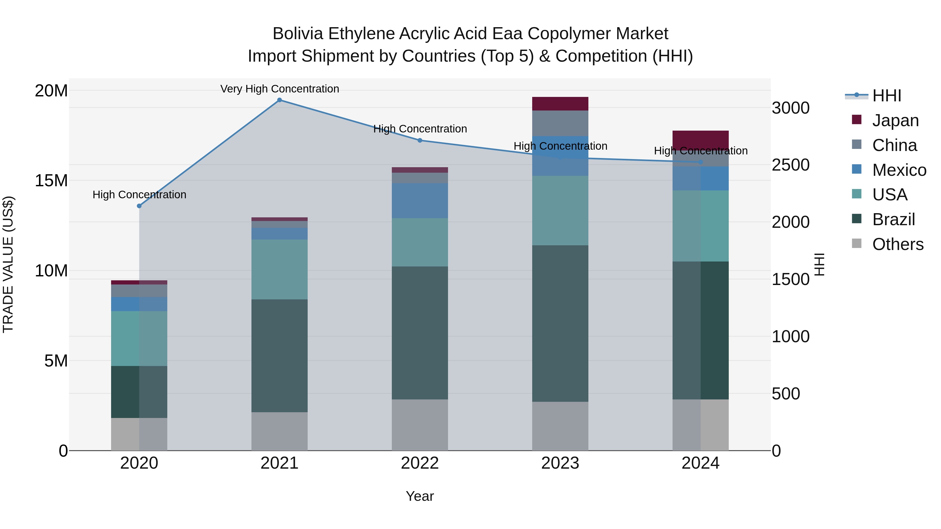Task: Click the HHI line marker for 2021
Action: pyautogui.click(x=279, y=100)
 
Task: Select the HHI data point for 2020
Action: pyautogui.click(x=139, y=206)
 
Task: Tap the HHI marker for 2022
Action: pyautogui.click(x=420, y=141)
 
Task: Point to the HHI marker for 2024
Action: pyautogui.click(x=700, y=162)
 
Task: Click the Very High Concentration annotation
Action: pyautogui.click(x=279, y=89)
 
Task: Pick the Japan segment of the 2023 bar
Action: pyautogui.click(x=560, y=104)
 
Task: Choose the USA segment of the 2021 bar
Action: pyautogui.click(x=279, y=269)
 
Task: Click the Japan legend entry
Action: pyautogui.click(x=895, y=120)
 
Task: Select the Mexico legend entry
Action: pyautogui.click(x=899, y=170)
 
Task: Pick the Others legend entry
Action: pyautogui.click(x=898, y=244)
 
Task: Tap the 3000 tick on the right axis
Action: pyautogui.click(x=790, y=108)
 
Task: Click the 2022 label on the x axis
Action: pyautogui.click(x=420, y=463)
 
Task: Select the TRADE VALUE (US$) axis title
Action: pyautogui.click(x=8, y=264)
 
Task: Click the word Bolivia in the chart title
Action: pyautogui.click(x=298, y=34)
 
